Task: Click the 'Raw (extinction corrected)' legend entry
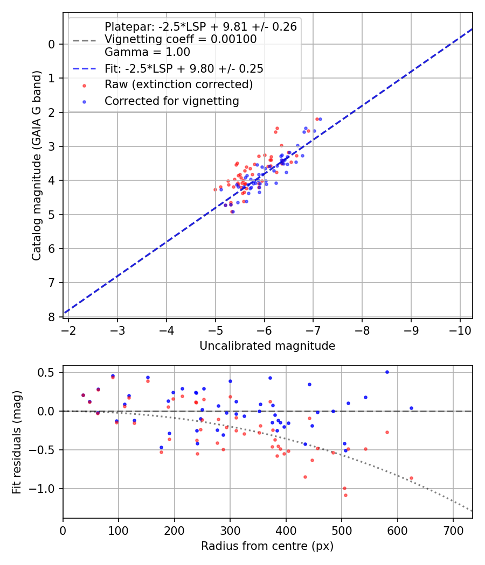tap(178, 84)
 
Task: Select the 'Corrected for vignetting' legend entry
tap(171, 101)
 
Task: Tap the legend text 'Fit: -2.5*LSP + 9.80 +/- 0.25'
tap(184, 69)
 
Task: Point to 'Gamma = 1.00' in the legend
tap(147, 53)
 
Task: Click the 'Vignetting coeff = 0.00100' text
tap(181, 39)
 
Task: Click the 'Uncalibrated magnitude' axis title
tap(267, 346)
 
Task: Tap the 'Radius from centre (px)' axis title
tap(267, 546)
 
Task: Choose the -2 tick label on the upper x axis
tap(69, 328)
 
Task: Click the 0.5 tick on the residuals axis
tap(50, 372)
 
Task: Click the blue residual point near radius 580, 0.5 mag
tap(387, 372)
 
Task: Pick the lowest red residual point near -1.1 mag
tap(345, 495)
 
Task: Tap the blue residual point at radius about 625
tap(411, 408)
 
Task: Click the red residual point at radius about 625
tap(411, 478)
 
